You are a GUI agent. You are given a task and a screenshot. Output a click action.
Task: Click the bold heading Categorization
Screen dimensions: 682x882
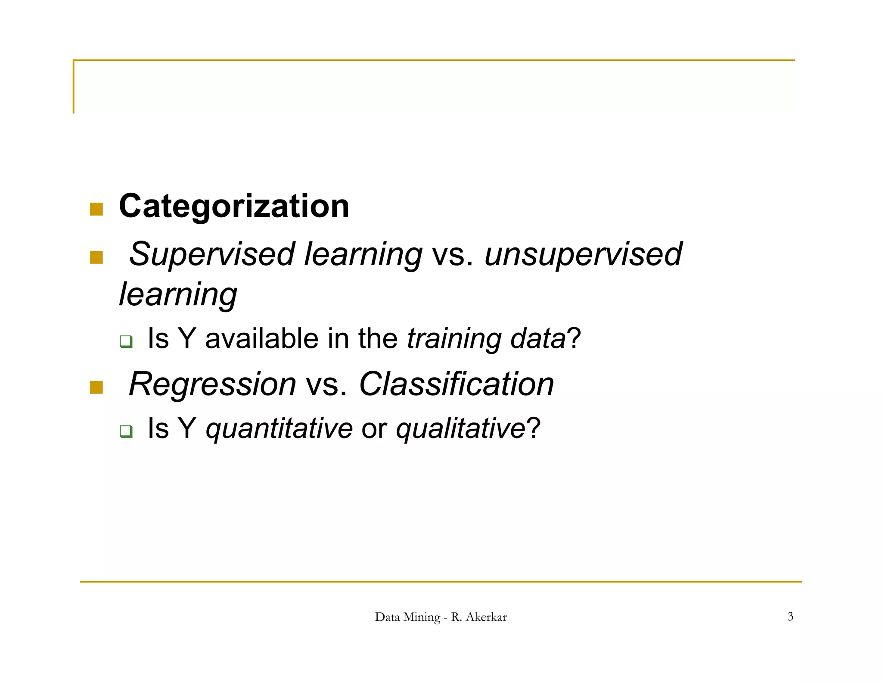[x=234, y=206]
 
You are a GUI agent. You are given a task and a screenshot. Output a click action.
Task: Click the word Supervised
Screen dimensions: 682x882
[x=211, y=254]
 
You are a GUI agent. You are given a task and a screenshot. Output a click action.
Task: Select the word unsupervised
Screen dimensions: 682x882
[x=583, y=254]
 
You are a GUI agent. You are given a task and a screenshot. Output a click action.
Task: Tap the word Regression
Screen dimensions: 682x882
[x=212, y=384]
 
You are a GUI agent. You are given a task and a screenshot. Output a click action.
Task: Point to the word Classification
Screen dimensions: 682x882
[x=456, y=384]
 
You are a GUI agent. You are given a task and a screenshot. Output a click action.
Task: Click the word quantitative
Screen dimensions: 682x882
[x=279, y=429]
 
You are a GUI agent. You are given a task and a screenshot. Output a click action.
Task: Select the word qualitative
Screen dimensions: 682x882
[x=460, y=429]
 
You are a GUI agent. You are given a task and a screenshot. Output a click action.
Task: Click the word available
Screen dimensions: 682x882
[x=261, y=339]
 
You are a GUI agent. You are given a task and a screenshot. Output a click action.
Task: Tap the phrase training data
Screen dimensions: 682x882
[x=486, y=339]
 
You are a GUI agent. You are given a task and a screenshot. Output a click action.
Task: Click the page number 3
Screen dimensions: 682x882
[x=790, y=616]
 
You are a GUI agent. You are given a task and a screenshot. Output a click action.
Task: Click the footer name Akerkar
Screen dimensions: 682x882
[x=486, y=617]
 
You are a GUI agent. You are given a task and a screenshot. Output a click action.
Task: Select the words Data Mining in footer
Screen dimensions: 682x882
[x=407, y=617]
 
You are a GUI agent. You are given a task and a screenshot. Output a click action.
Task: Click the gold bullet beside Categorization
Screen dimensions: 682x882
[x=96, y=210]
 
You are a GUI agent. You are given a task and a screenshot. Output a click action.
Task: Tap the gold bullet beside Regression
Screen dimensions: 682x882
[x=96, y=387]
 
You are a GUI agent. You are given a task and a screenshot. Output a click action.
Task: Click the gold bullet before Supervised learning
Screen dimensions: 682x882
[x=96, y=257]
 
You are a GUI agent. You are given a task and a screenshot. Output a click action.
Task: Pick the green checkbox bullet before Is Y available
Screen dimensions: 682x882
[x=126, y=342]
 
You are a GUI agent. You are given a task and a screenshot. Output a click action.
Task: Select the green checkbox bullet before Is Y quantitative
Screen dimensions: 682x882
[x=126, y=431]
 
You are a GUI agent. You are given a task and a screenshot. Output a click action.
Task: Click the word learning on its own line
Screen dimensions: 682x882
[x=178, y=295]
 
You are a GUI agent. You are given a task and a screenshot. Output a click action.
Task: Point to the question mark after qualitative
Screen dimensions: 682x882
[x=533, y=429]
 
